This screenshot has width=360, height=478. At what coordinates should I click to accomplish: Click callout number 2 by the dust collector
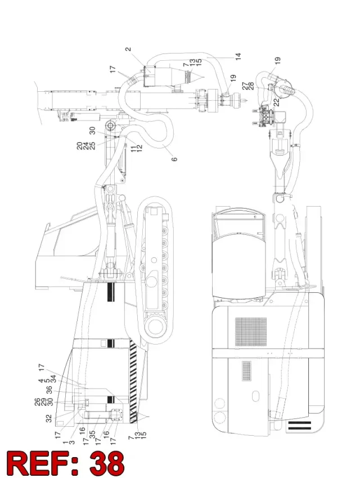click(x=128, y=49)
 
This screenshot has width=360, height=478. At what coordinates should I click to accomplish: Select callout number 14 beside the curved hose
click(x=238, y=56)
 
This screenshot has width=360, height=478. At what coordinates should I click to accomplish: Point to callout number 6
click(x=174, y=159)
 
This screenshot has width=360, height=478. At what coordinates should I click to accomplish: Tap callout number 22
click(x=277, y=102)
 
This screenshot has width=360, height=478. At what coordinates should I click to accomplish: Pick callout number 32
click(x=49, y=419)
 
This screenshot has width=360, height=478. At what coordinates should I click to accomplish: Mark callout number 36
click(x=49, y=390)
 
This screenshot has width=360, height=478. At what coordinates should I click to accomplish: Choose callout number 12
click(x=139, y=149)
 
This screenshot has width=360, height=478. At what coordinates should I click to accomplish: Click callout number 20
click(x=79, y=146)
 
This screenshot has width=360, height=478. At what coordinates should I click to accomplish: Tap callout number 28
click(x=251, y=86)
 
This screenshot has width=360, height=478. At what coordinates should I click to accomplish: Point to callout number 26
click(x=37, y=402)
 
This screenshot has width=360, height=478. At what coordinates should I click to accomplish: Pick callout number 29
click(x=43, y=402)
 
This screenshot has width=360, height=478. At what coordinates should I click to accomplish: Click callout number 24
click(x=86, y=146)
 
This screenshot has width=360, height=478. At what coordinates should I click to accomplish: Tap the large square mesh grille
click(x=251, y=332)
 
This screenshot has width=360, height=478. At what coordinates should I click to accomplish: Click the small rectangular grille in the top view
click(x=247, y=371)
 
